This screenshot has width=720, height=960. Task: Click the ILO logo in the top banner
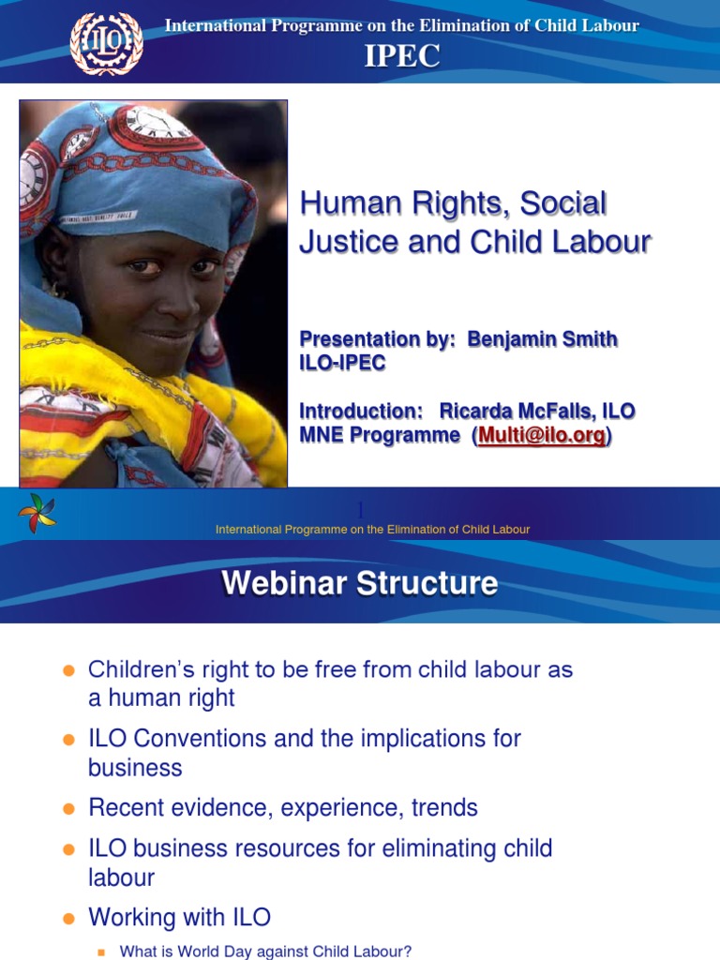coord(107,43)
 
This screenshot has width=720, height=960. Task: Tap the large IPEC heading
coord(401,56)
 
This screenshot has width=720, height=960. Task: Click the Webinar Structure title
coord(359,583)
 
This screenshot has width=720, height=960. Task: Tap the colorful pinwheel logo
coord(37,513)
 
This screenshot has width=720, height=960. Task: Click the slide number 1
coord(359,509)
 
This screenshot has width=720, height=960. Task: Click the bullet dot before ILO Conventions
coord(67,740)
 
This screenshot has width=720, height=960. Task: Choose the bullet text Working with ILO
coord(179,917)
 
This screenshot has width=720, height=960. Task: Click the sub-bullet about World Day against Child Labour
coord(265,951)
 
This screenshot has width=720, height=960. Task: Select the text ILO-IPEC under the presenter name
coord(342,364)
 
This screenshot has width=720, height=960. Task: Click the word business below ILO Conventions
coord(135,768)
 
